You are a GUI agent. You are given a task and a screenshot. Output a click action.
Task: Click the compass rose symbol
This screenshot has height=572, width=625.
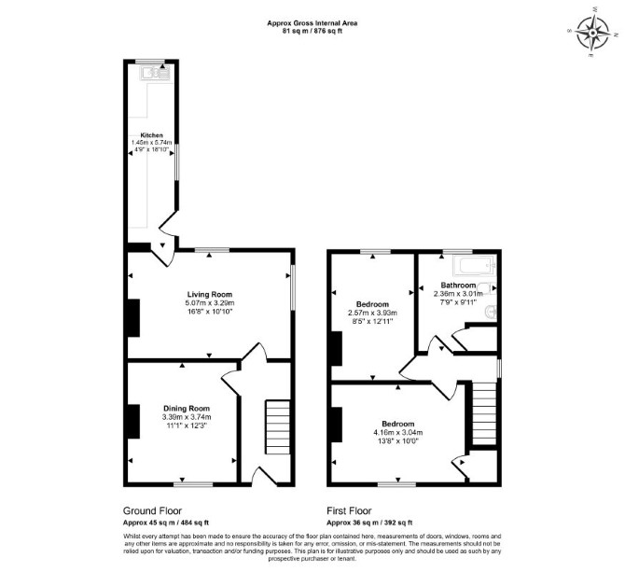592,32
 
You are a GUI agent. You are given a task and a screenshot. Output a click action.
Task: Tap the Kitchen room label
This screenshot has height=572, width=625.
151,135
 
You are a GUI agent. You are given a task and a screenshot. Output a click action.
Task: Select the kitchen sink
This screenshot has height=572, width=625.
156,74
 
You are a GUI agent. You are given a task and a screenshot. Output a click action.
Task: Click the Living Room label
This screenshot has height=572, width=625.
210,295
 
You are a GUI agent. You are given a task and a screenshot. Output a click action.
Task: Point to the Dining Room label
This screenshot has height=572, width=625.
187,408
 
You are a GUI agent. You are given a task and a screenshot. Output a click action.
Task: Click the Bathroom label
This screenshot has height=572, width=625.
458,285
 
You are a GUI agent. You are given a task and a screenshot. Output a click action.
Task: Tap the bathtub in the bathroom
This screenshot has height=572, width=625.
475,266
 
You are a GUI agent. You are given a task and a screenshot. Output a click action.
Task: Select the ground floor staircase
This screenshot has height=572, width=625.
278,427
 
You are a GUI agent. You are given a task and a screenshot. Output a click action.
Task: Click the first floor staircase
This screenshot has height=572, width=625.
484,413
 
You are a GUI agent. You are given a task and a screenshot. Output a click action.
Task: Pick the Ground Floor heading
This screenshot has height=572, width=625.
152,510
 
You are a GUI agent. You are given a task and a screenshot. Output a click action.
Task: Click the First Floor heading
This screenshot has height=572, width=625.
349,510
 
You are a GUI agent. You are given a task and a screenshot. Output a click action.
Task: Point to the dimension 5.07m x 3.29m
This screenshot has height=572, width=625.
210,303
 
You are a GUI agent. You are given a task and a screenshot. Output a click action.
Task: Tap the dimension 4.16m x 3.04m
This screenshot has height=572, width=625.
398,432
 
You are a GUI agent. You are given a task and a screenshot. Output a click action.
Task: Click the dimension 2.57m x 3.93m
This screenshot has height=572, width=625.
373,313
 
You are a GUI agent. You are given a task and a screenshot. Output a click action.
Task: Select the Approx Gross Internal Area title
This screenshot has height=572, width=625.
312,23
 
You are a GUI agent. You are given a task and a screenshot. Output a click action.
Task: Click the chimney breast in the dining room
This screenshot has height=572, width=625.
133,422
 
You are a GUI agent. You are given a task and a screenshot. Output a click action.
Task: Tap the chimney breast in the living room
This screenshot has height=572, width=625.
133,318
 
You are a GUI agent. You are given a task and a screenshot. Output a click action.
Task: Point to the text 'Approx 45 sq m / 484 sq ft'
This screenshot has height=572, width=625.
166,523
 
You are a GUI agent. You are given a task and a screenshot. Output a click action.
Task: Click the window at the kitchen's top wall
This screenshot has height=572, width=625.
150,62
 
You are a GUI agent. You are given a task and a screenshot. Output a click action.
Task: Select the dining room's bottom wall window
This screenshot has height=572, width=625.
193,484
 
